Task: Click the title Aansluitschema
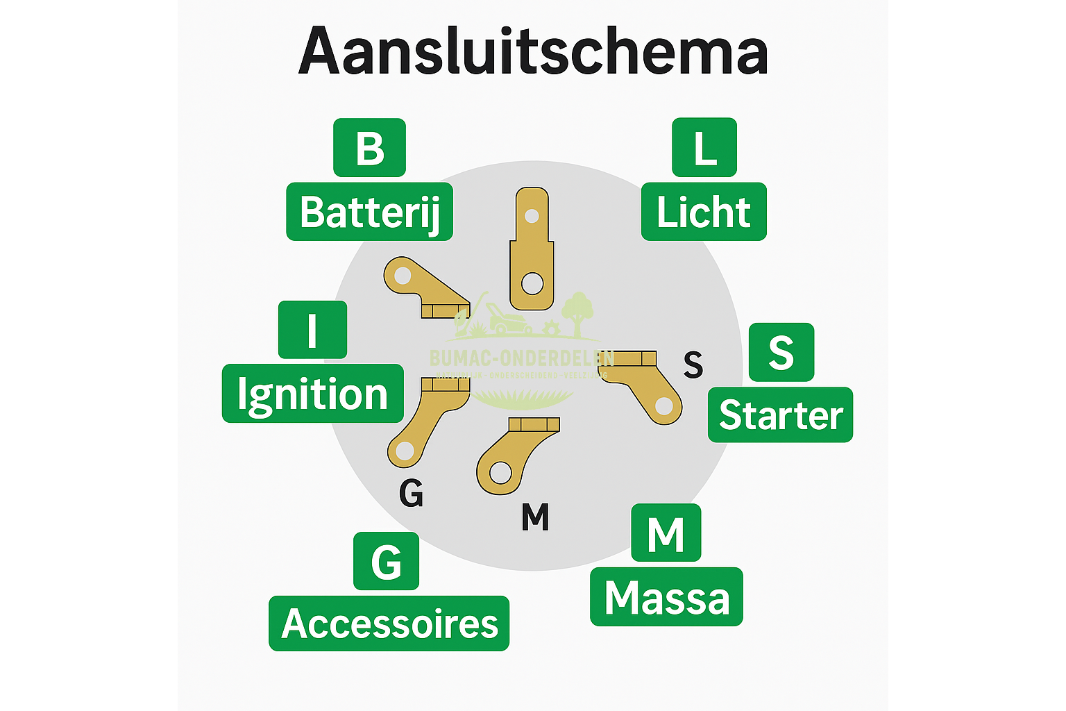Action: (533, 51)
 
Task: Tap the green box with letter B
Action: (369, 147)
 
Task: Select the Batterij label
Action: (369, 212)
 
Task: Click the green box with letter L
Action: (704, 147)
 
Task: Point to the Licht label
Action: (704, 212)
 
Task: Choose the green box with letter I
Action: (312, 330)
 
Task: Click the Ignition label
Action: (312, 394)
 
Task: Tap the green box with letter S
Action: (781, 352)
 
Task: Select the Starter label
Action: (780, 415)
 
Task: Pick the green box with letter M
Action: (666, 533)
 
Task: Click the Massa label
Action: (666, 597)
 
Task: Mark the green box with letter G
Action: (386, 561)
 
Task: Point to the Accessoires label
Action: (389, 624)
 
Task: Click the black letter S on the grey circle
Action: (693, 364)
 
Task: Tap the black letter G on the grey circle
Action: (411, 494)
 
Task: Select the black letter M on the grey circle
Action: (535, 517)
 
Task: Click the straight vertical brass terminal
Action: (532, 250)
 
